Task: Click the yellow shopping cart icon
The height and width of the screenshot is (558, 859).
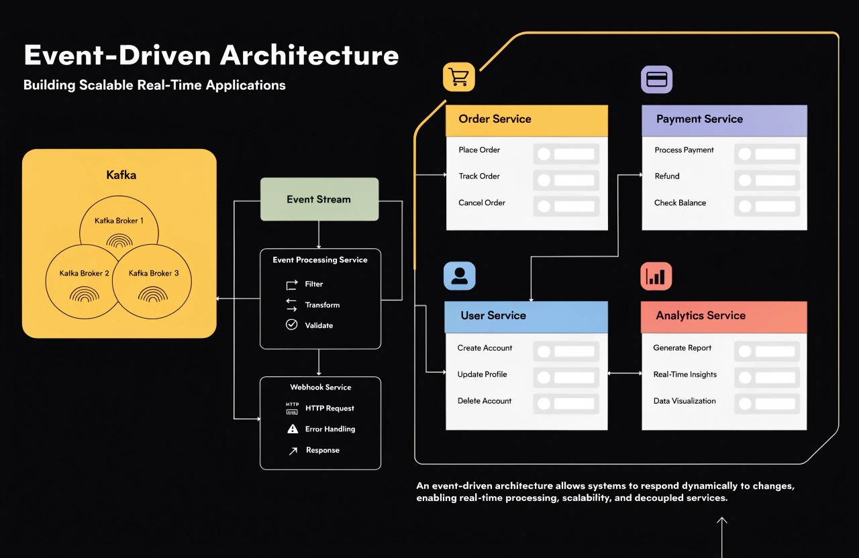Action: pyautogui.click(x=458, y=77)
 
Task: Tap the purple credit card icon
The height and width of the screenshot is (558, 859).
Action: pyautogui.click(x=656, y=79)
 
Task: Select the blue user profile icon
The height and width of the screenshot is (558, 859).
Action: pyautogui.click(x=460, y=276)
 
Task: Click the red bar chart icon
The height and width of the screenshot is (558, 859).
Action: pyautogui.click(x=656, y=276)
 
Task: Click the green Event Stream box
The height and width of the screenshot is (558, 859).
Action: pyautogui.click(x=319, y=199)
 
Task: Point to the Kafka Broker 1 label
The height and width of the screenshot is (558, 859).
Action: pyautogui.click(x=119, y=221)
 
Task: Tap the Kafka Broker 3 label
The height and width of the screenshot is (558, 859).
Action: pyautogui.click(x=154, y=273)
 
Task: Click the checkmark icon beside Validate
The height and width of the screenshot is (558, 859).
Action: pyautogui.click(x=291, y=325)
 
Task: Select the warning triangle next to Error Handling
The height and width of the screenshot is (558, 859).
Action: pyautogui.click(x=293, y=429)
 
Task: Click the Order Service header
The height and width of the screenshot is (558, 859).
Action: pyautogui.click(x=527, y=120)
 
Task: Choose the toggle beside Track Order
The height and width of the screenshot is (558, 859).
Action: pyautogui.click(x=566, y=180)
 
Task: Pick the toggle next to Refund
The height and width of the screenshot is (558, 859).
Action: pyautogui.click(x=767, y=180)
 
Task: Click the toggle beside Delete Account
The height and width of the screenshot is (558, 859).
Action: pyautogui.click(x=566, y=404)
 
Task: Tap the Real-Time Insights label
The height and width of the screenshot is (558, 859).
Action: pyautogui.click(x=685, y=374)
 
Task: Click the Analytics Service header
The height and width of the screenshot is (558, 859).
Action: pyautogui.click(x=724, y=317)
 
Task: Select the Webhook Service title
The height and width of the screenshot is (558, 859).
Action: pyautogui.click(x=321, y=387)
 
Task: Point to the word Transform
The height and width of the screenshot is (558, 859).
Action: pyautogui.click(x=322, y=304)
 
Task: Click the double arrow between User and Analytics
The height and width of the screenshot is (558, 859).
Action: pyautogui.click(x=625, y=373)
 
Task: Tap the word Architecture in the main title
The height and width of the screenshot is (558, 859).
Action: pyautogui.click(x=309, y=55)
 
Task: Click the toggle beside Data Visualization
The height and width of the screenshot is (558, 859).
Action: pyautogui.click(x=767, y=404)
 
